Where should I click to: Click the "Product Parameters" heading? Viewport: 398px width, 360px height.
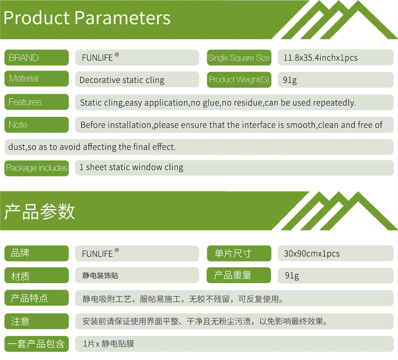[87, 18]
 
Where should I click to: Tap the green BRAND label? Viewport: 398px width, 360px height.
[37, 58]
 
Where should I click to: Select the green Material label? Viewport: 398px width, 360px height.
[37, 78]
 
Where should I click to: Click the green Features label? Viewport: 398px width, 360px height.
[37, 102]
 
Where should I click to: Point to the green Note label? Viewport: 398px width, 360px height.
[37, 125]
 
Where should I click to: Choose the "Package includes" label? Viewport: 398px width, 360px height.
[37, 168]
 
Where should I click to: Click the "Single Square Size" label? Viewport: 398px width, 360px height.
[239, 58]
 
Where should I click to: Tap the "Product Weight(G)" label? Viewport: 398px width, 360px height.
[239, 80]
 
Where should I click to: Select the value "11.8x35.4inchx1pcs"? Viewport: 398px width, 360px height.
[320, 58]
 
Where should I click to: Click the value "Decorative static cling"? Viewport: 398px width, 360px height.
[122, 80]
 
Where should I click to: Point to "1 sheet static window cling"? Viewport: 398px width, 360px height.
[131, 167]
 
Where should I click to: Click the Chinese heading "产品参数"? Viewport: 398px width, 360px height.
[39, 212]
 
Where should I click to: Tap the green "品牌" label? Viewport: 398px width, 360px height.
[37, 253]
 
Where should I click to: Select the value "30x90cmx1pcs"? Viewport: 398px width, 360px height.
[312, 254]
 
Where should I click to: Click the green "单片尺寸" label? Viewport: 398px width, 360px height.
[239, 253]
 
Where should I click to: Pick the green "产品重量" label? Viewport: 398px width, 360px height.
[239, 275]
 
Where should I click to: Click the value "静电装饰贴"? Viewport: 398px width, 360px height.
[100, 276]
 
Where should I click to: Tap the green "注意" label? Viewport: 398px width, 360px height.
[37, 321]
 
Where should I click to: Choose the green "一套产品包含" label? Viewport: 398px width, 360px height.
[37, 344]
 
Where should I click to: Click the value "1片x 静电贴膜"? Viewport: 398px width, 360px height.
[108, 344]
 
